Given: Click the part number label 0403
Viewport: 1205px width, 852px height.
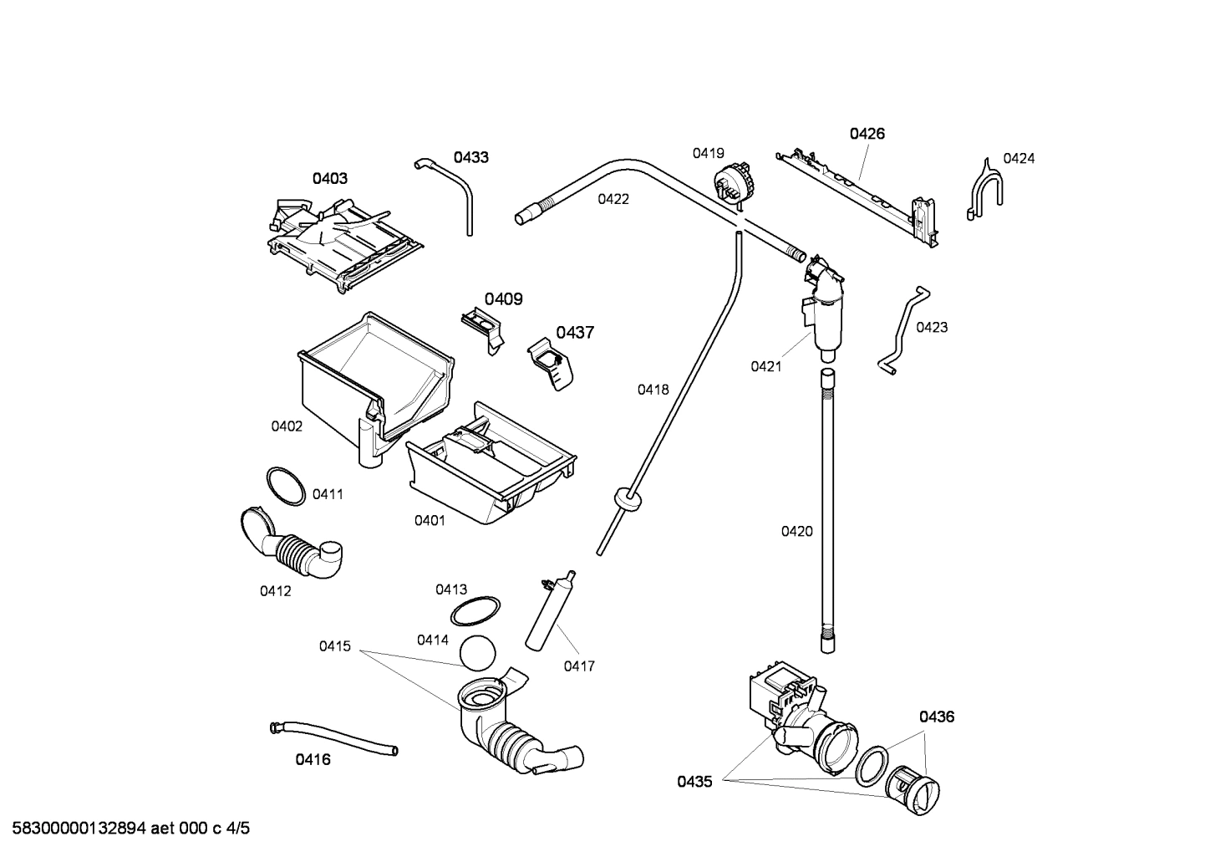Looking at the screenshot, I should [x=330, y=178].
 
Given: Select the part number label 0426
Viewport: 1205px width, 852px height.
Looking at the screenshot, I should [x=867, y=134].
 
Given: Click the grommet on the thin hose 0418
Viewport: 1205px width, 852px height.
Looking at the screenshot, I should [x=627, y=497].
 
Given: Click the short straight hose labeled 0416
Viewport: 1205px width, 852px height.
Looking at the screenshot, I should [x=334, y=737].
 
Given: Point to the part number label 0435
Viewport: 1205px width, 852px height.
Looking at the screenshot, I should [x=694, y=782].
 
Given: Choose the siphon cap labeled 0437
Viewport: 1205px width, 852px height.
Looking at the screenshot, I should [x=552, y=365].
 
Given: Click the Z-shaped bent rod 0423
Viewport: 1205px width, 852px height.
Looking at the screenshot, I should [x=902, y=329].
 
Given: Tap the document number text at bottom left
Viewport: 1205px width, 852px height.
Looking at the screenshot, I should [x=125, y=829].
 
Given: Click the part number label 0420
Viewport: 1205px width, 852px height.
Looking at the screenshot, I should [x=796, y=531].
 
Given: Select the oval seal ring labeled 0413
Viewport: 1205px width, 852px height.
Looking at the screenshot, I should [x=475, y=611].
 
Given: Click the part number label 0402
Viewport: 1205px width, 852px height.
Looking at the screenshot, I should [x=287, y=426].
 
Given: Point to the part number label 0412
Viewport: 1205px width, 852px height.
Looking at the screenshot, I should [x=275, y=591].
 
